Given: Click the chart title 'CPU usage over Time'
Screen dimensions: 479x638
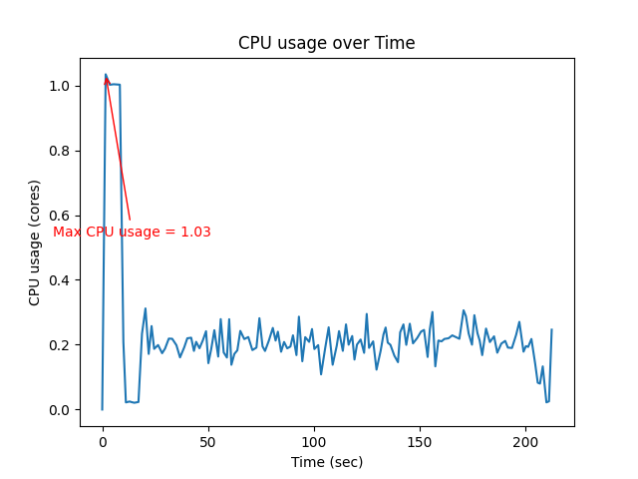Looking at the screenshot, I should click(x=326, y=43).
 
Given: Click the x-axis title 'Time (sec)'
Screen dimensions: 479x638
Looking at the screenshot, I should click(x=326, y=462).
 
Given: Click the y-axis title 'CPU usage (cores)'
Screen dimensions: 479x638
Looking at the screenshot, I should click(x=35, y=242).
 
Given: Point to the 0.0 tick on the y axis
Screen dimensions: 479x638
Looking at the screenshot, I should click(x=61, y=410).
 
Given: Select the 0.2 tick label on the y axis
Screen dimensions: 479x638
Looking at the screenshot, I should click(x=61, y=345).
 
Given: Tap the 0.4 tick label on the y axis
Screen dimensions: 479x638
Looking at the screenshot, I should click(x=61, y=280).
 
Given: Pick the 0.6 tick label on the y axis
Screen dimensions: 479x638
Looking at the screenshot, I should click(x=61, y=216).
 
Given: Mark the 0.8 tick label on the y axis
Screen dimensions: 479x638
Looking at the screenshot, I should click(x=61, y=151).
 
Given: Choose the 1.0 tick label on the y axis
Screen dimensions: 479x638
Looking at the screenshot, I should click(x=61, y=86).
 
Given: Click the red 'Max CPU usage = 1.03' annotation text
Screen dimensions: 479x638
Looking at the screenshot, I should click(x=132, y=232).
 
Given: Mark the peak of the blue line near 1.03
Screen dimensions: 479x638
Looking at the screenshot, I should click(x=106, y=75).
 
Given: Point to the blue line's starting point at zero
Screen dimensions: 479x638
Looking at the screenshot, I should click(x=102, y=409).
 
